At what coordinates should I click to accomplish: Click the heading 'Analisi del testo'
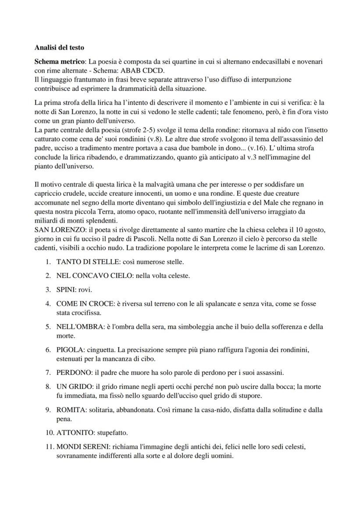(x=59, y=47)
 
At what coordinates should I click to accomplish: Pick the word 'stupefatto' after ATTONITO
(x=112, y=433)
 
